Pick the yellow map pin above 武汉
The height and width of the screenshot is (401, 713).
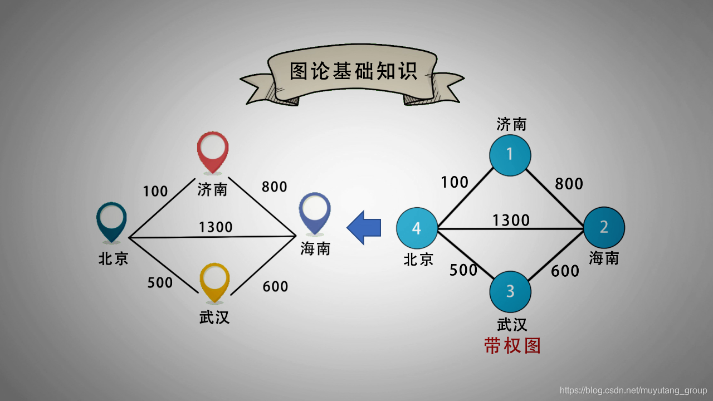point(214,281)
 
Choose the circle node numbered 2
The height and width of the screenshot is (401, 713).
point(604,227)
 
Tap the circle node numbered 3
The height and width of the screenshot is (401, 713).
point(510,291)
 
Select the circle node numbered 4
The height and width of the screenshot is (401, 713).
point(417,228)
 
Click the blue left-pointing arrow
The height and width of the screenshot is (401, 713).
point(364,227)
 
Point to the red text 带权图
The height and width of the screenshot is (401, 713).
point(512,346)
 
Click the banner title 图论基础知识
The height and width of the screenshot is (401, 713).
point(353,71)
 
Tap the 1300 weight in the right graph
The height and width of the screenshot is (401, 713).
point(511,221)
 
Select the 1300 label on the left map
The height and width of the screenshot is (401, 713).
point(216,227)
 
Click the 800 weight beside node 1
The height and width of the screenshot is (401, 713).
point(569,183)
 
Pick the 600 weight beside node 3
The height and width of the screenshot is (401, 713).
point(565,271)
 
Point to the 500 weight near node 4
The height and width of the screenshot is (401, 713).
point(463,270)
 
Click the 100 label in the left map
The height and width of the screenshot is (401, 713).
point(155,191)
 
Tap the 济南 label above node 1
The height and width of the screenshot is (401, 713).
point(511,124)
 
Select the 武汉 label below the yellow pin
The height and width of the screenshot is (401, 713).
point(214,317)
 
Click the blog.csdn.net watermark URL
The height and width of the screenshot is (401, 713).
point(633,390)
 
